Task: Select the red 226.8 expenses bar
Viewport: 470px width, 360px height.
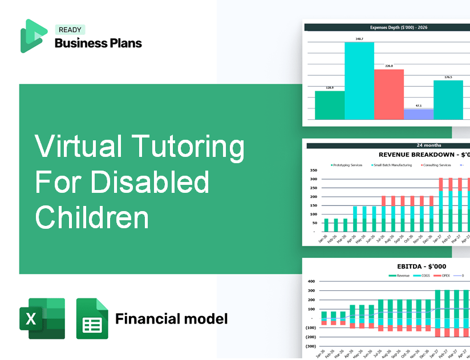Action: pyautogui.click(x=389, y=94)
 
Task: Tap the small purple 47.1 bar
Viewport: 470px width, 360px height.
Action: pyautogui.click(x=419, y=114)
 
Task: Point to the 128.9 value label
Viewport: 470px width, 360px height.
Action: pyautogui.click(x=330, y=88)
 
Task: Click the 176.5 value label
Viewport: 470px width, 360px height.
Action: pyautogui.click(x=448, y=77)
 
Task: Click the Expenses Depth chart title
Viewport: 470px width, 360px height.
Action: pyautogui.click(x=387, y=27)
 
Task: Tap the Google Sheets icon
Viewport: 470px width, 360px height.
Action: pyautogui.click(x=92, y=318)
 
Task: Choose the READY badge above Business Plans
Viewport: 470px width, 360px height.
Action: pyautogui.click(x=70, y=30)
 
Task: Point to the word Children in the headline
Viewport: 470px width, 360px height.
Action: pyautogui.click(x=92, y=217)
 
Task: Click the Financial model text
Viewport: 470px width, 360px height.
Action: pyautogui.click(x=171, y=318)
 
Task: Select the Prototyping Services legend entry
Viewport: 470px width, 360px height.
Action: pyautogui.click(x=347, y=165)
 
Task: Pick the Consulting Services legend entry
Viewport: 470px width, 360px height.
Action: pyautogui.click(x=436, y=165)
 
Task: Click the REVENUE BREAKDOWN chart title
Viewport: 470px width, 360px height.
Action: pyautogui.click(x=424, y=155)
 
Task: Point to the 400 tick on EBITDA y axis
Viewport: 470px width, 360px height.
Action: pyautogui.click(x=311, y=281)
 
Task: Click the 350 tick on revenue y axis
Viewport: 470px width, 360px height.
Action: pyautogui.click(x=313, y=170)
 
